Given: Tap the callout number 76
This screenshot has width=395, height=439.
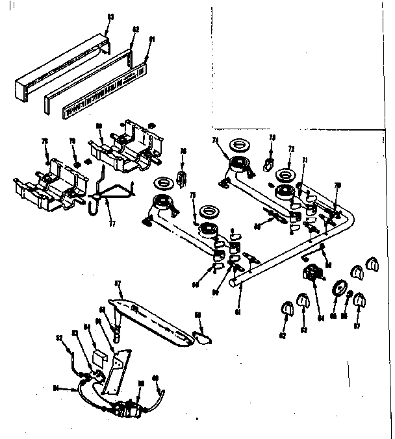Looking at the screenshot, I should [184, 152].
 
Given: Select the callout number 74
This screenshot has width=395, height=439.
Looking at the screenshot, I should [215, 140].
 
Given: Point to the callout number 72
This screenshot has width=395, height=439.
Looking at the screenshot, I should [292, 149].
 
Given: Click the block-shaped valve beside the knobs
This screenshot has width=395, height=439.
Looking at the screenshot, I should [312, 274].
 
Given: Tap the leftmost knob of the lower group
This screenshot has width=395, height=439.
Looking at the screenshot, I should [285, 310].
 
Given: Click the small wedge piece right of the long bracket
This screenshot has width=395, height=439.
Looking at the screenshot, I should [204, 334].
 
